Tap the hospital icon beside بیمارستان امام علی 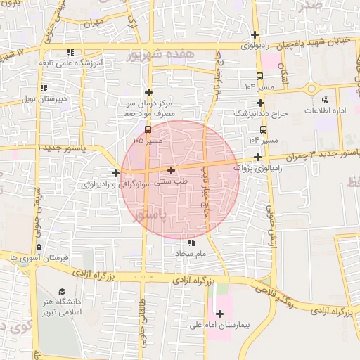219,313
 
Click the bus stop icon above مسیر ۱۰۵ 148,130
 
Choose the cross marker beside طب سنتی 172,170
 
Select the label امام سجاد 192,252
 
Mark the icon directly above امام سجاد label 192,243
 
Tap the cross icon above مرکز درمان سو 148,92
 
